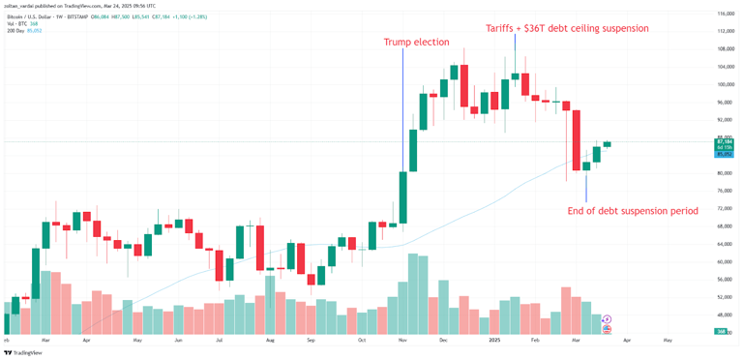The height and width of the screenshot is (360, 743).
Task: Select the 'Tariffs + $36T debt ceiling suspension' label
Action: (x=567, y=28)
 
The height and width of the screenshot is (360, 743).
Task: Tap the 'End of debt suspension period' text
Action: (x=633, y=210)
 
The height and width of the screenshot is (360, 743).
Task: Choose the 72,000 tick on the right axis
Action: (x=725, y=208)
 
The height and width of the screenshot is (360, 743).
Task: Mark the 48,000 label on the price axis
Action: (x=725, y=315)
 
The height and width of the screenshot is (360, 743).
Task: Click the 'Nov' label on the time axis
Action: (x=401, y=341)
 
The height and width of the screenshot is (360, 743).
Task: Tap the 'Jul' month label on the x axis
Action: (x=220, y=341)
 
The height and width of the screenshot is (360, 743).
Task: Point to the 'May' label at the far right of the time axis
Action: (x=668, y=341)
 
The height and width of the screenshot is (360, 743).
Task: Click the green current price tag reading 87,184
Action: (x=725, y=141)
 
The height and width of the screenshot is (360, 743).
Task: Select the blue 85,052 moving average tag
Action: (x=725, y=154)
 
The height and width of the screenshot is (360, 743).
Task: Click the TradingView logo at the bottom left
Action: (x=21, y=353)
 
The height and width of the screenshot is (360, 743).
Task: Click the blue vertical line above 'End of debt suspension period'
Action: (x=586, y=186)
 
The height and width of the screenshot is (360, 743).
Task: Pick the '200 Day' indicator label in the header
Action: (x=15, y=30)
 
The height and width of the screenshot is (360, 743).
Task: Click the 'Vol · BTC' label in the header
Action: (x=15, y=23)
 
